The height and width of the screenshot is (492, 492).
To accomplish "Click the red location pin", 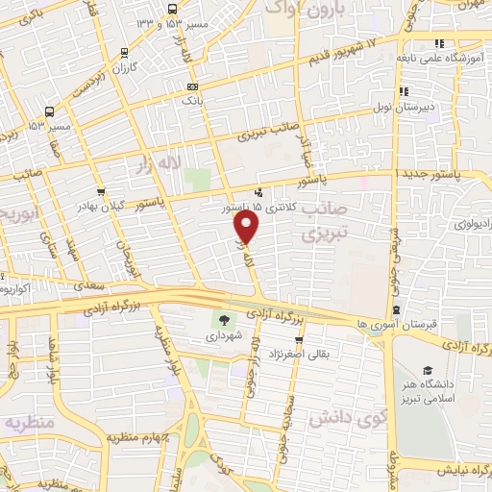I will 247,227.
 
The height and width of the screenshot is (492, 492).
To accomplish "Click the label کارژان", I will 125,69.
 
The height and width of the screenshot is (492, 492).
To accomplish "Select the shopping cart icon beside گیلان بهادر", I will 101,191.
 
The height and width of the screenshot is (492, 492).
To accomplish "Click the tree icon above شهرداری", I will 224,321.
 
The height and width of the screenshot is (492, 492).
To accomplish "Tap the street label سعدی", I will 87,285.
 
